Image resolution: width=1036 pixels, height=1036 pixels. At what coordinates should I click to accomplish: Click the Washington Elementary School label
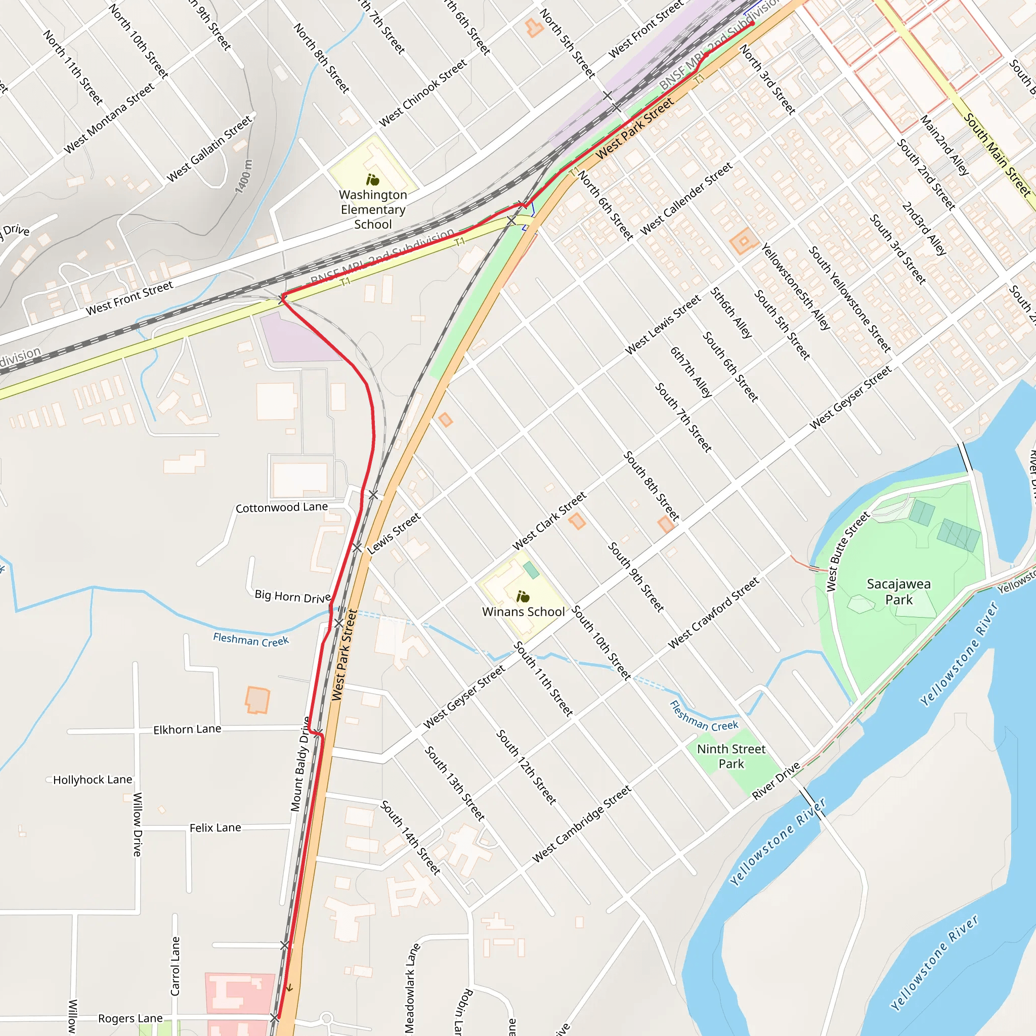[x=373, y=209]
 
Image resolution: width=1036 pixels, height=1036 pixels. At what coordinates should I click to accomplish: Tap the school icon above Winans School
[x=523, y=596]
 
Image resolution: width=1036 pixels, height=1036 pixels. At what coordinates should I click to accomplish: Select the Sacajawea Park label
[x=899, y=591]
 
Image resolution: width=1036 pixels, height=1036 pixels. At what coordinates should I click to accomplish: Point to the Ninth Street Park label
[x=731, y=756]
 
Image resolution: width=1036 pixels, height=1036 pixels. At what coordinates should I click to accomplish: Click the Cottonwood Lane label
[x=282, y=507]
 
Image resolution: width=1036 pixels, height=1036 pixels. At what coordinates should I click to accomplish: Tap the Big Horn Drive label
[x=293, y=596]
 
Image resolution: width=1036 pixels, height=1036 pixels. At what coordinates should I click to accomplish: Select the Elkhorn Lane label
[x=187, y=729]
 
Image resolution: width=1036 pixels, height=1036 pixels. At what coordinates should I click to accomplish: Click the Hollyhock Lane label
[x=92, y=780]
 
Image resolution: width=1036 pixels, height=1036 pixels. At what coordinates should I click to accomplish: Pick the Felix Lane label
[x=215, y=828]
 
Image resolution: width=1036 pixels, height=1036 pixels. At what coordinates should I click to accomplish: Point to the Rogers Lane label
[x=131, y=1018]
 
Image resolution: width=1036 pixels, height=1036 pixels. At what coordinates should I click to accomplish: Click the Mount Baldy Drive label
[x=301, y=764]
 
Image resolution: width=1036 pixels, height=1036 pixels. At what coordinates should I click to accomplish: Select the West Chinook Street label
[x=423, y=93]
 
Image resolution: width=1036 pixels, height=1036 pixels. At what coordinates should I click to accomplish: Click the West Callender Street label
[x=686, y=198]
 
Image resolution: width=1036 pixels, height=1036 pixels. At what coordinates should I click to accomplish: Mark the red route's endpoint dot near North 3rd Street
[x=752, y=24]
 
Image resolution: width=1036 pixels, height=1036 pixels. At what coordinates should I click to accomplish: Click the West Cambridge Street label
[x=582, y=825]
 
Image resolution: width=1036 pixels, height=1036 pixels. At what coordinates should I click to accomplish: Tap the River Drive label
[x=776, y=781]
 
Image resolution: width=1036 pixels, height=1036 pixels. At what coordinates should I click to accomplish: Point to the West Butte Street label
[x=847, y=552]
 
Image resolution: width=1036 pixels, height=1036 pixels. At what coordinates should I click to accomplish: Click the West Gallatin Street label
[x=209, y=149]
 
